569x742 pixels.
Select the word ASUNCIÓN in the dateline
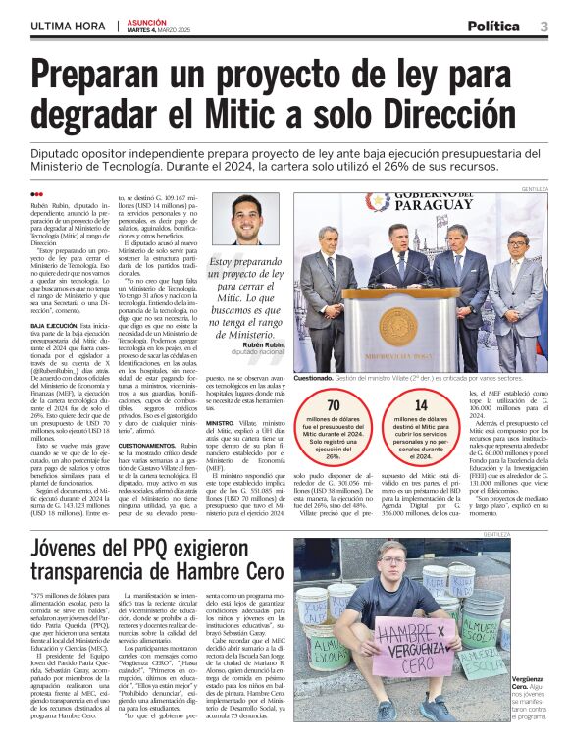click(146, 20)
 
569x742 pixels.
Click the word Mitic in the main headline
click(261, 116)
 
